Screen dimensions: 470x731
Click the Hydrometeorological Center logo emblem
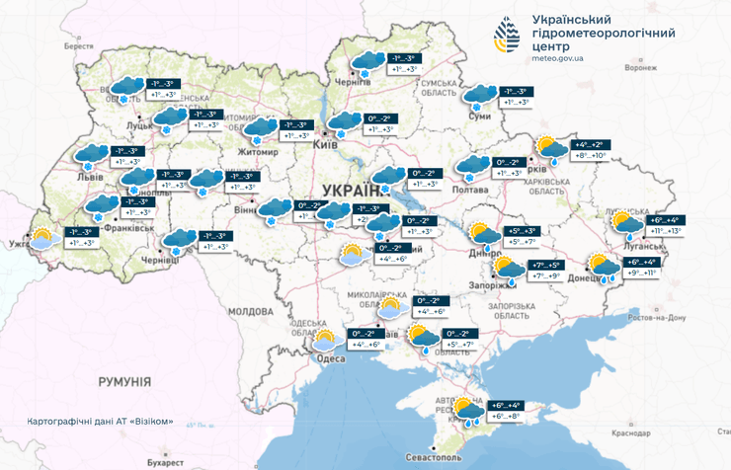click(x=509, y=37)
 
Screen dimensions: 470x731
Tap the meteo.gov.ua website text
click(x=557, y=59)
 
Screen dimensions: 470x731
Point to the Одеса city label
click(x=331, y=357)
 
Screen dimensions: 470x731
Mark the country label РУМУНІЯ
click(x=123, y=380)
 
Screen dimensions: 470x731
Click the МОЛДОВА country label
click(x=250, y=311)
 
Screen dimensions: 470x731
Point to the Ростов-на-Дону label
click(x=649, y=318)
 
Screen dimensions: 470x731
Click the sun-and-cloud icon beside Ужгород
click(x=41, y=238)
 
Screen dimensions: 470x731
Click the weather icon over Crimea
click(x=467, y=409)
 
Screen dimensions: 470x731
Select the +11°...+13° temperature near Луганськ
click(x=660, y=231)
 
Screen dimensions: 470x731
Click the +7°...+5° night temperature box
click(x=545, y=266)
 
